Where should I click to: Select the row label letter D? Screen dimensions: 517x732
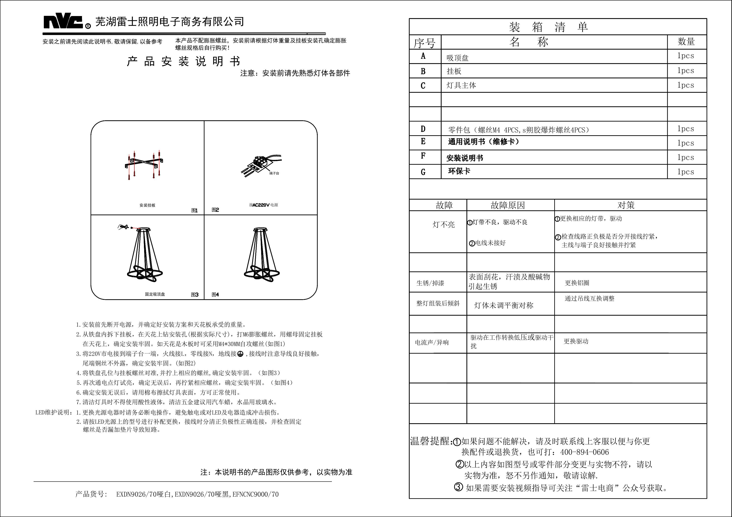coord(423,129)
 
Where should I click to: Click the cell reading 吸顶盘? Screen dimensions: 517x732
coord(457,58)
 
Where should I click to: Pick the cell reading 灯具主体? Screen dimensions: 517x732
coord(461,85)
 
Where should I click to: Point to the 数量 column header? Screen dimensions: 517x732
coord(686,42)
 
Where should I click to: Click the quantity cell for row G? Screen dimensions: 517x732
coord(686,172)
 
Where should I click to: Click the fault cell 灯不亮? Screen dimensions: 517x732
coord(443,225)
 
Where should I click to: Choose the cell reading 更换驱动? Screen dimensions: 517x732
coord(576,341)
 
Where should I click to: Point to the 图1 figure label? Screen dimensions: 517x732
coord(194,210)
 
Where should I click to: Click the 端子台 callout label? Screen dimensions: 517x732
coord(274,173)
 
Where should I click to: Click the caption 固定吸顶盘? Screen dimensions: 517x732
coord(155,294)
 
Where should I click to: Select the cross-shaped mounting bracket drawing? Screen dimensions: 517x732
coord(144,165)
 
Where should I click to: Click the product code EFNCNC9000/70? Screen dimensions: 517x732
coord(255,494)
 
